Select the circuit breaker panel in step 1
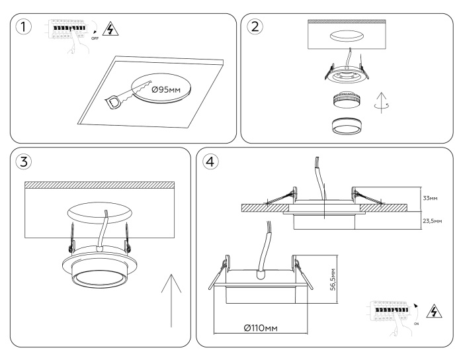click(x=67, y=30)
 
